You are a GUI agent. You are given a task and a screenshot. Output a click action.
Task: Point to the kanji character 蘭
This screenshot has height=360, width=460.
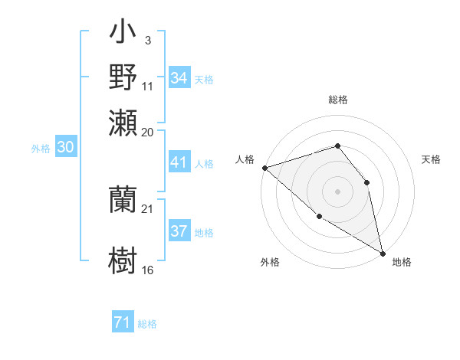tap(123, 198)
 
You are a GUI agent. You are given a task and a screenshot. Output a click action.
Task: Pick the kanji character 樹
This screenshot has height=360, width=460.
tap(123, 258)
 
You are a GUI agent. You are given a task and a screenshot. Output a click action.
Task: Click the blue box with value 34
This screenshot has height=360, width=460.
tap(179, 78)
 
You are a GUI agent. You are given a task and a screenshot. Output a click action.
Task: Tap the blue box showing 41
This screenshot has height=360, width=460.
tap(179, 162)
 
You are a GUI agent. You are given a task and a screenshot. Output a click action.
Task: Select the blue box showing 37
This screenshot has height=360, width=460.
tap(179, 231)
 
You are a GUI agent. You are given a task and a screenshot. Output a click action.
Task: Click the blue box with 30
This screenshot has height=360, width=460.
tap(64, 148)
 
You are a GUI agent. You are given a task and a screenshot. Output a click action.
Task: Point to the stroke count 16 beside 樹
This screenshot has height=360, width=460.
tap(148, 270)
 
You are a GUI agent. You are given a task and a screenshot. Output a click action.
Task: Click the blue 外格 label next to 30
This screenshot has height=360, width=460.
tap(41, 149)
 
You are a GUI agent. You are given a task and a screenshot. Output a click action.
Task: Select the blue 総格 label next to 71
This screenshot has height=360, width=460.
tap(147, 324)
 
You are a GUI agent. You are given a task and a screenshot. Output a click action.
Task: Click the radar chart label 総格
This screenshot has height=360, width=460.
tap(337, 100)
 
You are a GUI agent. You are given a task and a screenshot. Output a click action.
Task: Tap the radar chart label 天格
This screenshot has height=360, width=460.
tap(431, 159)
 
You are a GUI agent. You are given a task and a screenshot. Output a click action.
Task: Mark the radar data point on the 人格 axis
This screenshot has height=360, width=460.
tap(264, 167)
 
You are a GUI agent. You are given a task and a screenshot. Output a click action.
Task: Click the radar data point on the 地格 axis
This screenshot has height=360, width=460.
tap(383, 253)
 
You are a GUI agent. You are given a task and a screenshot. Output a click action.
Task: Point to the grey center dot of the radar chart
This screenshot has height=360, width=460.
tap(337, 191)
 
